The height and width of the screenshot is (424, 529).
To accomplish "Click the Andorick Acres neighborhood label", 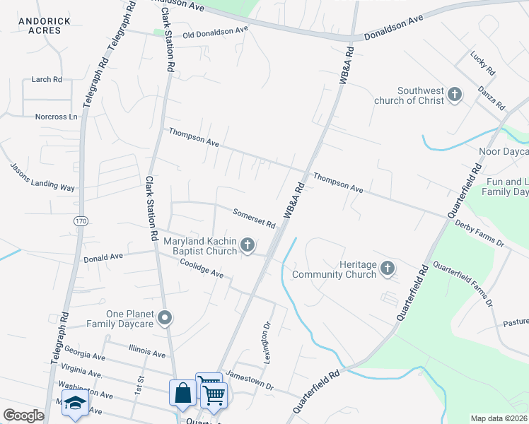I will [44, 26].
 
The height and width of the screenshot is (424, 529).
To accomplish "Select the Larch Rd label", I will [47, 80].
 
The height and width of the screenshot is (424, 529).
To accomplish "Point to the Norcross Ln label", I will [56, 117].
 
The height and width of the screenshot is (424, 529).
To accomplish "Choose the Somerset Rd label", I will [254, 217].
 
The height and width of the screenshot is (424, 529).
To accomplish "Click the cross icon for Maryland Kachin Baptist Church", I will [248, 245].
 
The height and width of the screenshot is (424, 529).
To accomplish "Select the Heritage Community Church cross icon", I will [387, 268].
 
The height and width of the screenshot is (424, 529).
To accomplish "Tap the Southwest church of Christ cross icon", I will [455, 94].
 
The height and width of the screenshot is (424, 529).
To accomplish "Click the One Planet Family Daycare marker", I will [165, 318].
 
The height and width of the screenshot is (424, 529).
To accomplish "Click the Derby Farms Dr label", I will [479, 234].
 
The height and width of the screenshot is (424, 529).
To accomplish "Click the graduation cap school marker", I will [74, 404].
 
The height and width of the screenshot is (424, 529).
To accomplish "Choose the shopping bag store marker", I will [182, 393].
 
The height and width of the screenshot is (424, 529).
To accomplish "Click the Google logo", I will [24, 416].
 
